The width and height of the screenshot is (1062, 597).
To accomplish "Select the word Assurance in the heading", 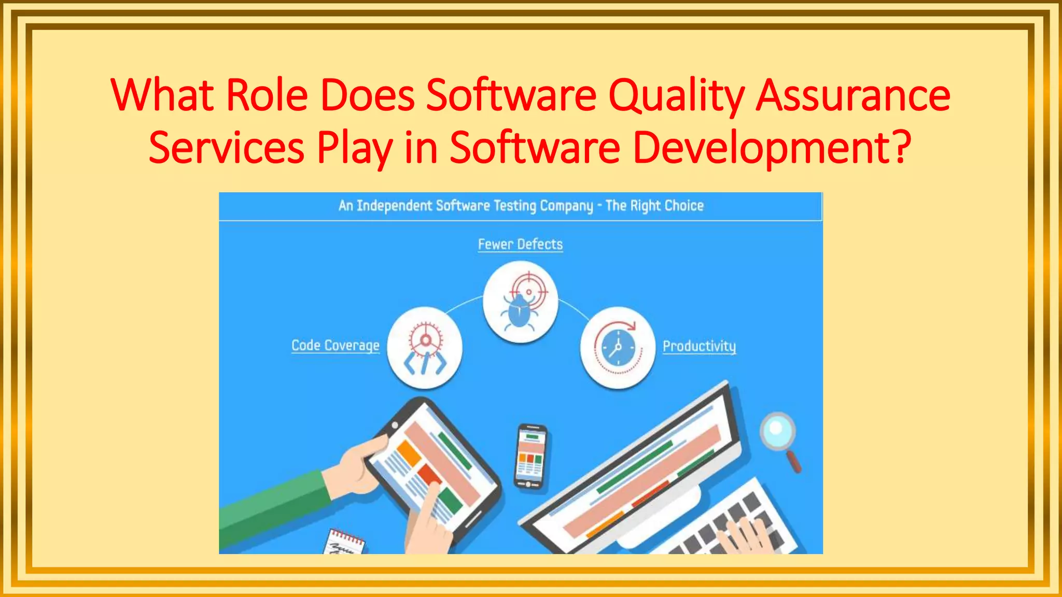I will coord(853,96).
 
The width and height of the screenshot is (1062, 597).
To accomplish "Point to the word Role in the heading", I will coord(267,96).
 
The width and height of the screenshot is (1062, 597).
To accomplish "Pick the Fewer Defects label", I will coord(520,244).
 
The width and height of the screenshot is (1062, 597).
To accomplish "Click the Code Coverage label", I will coord(336,345).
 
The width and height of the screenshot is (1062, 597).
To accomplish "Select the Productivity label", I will coord(699,346).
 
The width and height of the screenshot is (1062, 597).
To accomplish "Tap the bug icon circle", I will coord(520,302).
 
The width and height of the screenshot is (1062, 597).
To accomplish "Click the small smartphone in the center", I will coord(529,457).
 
